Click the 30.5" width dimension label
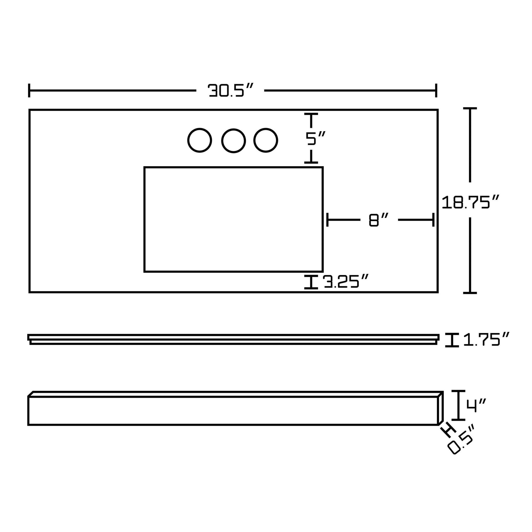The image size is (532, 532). point(230,90)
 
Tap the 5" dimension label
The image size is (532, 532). point(315,138)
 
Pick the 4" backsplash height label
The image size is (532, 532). point(476,406)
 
